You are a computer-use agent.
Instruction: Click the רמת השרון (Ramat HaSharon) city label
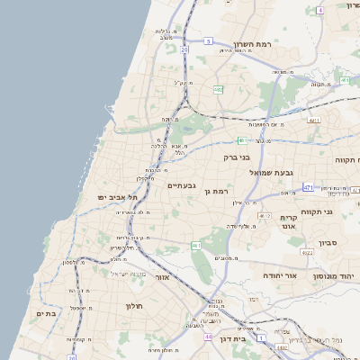pyautogui.click(x=252, y=44)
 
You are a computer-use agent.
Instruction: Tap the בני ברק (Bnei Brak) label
pyautogui.click(x=239, y=157)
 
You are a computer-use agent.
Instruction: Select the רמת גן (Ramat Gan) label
pyautogui.click(x=219, y=191)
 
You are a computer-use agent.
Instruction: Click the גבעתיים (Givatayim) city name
pyautogui.click(x=183, y=185)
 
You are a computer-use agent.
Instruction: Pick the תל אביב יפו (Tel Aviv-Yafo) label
pyautogui.click(x=118, y=196)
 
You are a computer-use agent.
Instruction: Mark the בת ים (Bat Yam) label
pyautogui.click(x=46, y=313)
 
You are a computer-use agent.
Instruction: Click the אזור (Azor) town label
pyautogui.click(x=161, y=277)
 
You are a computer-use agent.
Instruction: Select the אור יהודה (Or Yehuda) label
pyautogui.click(x=279, y=274)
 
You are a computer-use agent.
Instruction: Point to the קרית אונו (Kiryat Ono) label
pyautogui.click(x=289, y=222)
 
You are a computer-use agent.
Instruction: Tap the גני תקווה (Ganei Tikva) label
pyautogui.click(x=342, y=211)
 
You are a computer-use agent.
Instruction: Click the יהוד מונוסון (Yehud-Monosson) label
pyautogui.click(x=337, y=276)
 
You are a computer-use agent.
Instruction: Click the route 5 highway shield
pyautogui.click(x=207, y=40)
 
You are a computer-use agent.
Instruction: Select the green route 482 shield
pyautogui.click(x=219, y=90)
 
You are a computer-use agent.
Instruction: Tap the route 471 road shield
pyautogui.click(x=309, y=187)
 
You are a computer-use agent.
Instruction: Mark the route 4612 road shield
pyautogui.click(x=264, y=216)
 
